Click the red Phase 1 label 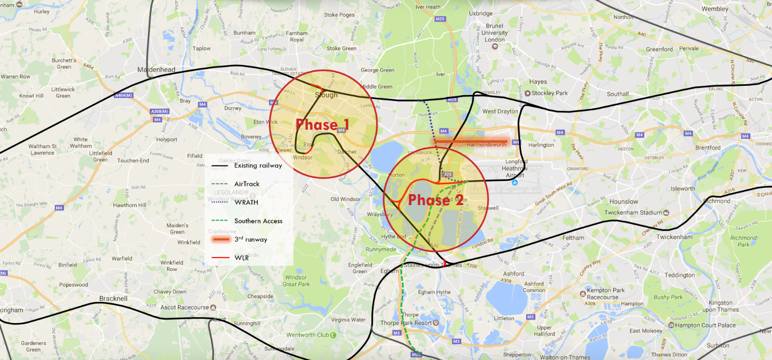coord(323,125)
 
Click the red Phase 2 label coord(436,200)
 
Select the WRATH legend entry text coord(246,203)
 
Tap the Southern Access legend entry coord(258,221)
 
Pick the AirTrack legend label coord(247,184)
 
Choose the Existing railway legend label coord(258,165)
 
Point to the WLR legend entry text coord(241,257)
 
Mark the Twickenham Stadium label coord(633,212)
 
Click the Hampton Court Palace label coord(709,325)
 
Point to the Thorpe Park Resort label coord(410,323)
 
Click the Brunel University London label coord(494,32)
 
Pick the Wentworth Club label coord(308,335)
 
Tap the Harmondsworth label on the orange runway coord(486,144)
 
